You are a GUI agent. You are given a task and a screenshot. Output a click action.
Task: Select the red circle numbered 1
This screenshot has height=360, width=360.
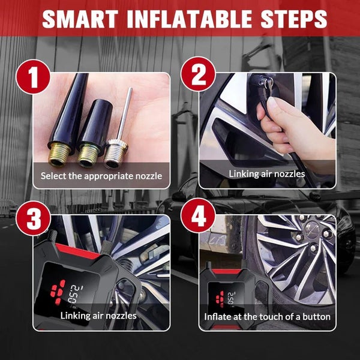coord(33,77)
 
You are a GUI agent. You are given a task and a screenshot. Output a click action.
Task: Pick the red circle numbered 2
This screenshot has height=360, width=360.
coord(198,74)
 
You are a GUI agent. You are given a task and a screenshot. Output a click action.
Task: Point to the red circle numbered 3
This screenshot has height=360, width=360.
coord(33,218)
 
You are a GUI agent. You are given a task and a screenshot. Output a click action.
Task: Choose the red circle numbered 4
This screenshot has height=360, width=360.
coord(198,216)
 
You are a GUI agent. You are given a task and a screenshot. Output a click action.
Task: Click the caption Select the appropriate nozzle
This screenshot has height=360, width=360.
coord(101,176)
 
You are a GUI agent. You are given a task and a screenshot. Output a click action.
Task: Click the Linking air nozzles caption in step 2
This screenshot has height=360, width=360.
coord(267,173)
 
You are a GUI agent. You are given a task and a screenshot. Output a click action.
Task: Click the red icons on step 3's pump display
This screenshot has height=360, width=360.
coord(58,292)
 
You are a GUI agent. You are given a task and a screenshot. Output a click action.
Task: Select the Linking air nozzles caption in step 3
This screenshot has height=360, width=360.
coord(98,316)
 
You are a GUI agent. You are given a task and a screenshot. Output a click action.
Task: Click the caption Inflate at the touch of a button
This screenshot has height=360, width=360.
coord(267,317)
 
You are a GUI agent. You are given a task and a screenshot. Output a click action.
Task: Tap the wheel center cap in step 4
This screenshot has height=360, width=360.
coord(313,228)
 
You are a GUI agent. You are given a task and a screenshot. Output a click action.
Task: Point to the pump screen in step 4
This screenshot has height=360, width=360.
coord(226,298)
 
